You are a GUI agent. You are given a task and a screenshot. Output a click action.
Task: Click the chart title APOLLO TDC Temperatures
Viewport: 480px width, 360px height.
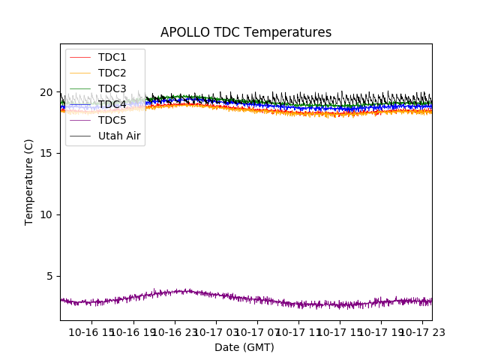click(x=246, y=32)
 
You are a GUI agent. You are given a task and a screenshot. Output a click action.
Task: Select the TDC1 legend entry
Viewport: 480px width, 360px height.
click(x=112, y=57)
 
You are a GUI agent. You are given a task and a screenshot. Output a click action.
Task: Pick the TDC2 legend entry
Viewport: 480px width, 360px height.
click(x=112, y=73)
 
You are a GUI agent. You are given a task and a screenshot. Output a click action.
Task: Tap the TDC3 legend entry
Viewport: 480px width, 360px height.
click(x=112, y=88)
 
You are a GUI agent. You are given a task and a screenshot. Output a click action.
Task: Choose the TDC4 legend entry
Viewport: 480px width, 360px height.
click(x=112, y=104)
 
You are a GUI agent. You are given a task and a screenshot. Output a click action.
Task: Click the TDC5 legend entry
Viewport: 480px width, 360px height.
click(x=112, y=120)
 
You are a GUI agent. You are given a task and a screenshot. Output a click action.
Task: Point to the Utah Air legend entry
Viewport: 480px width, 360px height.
click(x=119, y=136)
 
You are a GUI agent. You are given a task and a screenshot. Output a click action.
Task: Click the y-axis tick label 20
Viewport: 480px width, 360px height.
click(x=46, y=92)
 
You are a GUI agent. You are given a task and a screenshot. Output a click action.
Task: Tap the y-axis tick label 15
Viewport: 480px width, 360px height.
click(x=46, y=153)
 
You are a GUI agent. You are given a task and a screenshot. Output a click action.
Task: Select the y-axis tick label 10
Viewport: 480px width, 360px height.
click(x=46, y=214)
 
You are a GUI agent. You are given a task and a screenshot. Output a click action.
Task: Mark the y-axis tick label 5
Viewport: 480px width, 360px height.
click(x=49, y=276)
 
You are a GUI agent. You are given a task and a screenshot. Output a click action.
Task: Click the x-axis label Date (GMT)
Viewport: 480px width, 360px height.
click(x=244, y=347)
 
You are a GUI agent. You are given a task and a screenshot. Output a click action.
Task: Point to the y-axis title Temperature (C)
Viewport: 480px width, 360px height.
click(x=29, y=181)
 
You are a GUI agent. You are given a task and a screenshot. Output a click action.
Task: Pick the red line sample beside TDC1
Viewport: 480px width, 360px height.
click(x=79, y=57)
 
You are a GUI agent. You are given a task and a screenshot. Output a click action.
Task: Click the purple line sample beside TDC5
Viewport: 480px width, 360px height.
click(x=79, y=120)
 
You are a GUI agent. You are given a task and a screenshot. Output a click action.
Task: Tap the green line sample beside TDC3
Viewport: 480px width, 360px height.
click(x=79, y=88)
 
